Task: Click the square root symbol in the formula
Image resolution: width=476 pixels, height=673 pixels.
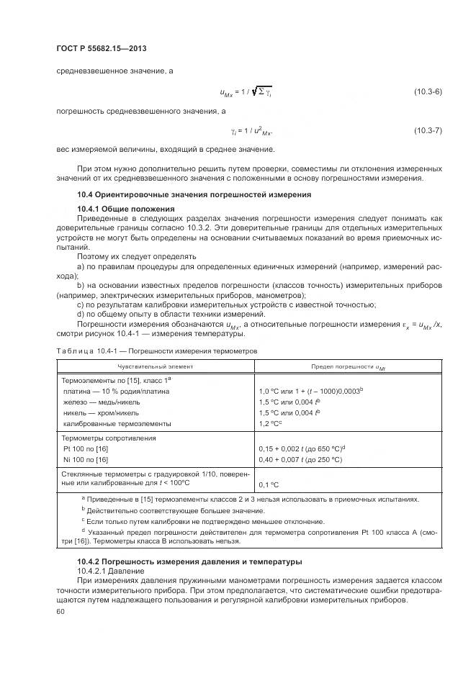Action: tap(254, 92)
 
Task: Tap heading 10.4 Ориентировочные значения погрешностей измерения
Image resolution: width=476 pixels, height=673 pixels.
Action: tap(194, 194)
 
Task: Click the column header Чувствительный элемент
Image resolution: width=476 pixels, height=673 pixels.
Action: tap(154, 366)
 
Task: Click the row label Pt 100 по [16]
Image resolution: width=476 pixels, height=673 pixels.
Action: tap(86, 448)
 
